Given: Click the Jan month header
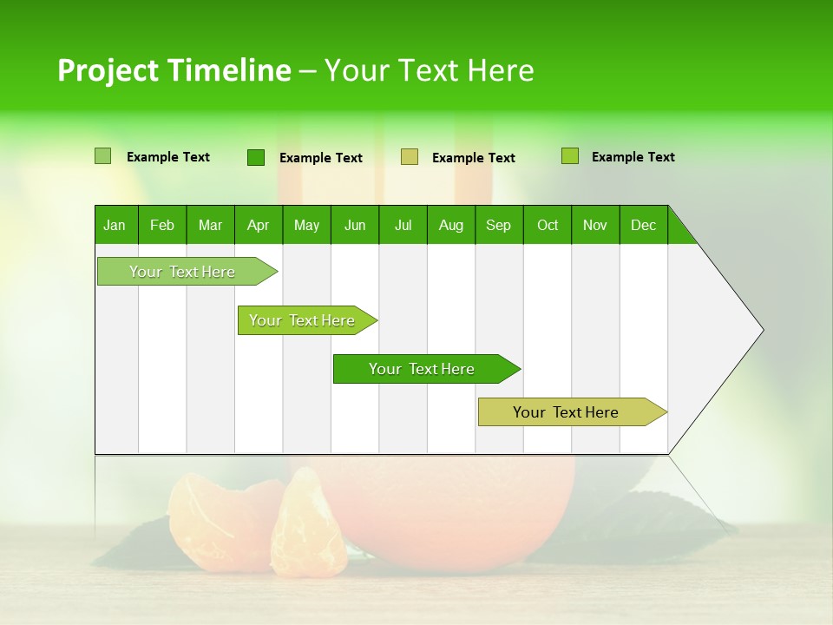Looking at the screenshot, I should click(x=115, y=225).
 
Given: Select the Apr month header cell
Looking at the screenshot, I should click(x=259, y=225).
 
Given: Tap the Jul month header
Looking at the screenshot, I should click(x=403, y=225).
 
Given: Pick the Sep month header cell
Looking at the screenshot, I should click(x=499, y=225).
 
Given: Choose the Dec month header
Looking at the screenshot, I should click(x=643, y=225).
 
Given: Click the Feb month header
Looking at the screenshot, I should click(x=162, y=225).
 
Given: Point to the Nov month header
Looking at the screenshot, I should click(x=595, y=225).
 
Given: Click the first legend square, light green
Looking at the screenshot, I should click(x=102, y=156).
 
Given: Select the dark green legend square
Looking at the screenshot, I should click(x=255, y=157).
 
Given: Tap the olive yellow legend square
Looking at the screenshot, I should click(x=410, y=157).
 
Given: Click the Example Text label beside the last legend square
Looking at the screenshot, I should click(x=633, y=157).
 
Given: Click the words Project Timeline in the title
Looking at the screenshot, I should click(x=174, y=70).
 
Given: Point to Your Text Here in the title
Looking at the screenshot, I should click(x=430, y=70).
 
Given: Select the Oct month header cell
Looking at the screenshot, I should click(x=548, y=225).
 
